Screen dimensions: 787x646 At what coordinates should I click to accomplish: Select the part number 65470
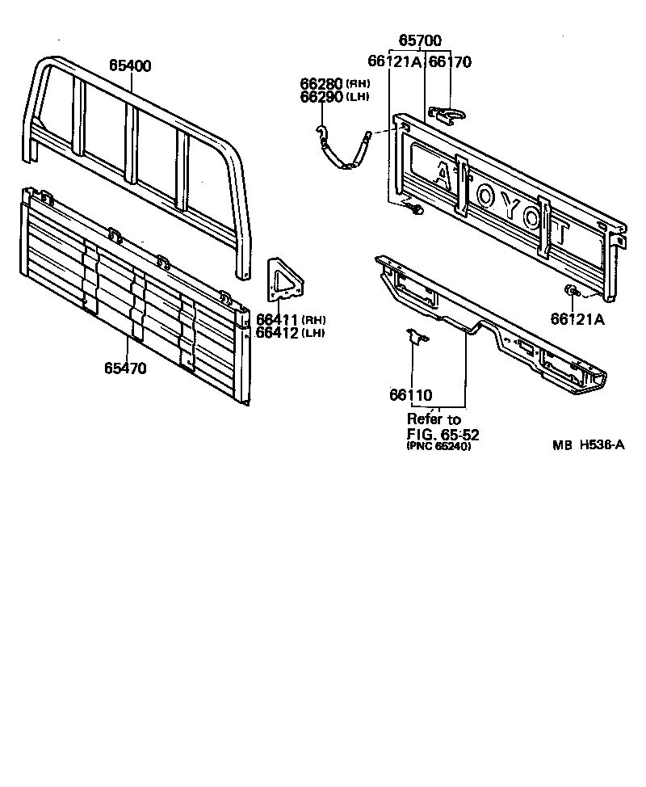[x=124, y=368]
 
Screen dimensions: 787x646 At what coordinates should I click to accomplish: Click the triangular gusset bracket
[x=287, y=280]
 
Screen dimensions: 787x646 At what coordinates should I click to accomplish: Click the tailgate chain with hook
[x=343, y=150]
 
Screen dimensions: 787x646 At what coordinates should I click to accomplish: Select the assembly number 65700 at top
[x=421, y=40]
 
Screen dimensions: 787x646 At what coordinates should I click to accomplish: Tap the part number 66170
[x=450, y=61]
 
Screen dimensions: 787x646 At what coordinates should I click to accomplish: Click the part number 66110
[x=410, y=395]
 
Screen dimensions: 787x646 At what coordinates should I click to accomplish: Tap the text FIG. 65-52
[x=438, y=433]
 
